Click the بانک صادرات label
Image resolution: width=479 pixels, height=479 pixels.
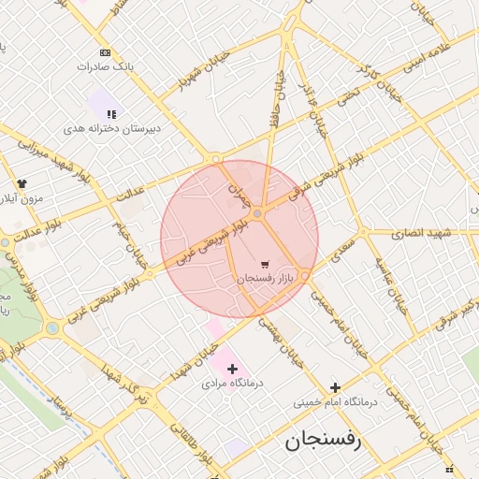(x=106, y=67)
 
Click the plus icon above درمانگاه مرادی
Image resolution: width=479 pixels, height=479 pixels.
(x=232, y=370)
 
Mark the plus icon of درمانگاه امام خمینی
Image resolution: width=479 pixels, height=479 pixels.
(x=335, y=387)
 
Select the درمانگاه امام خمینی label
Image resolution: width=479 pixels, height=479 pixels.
(x=334, y=402)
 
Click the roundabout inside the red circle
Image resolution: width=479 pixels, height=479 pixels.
(x=258, y=214)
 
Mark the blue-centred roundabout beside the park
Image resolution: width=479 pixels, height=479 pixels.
(x=52, y=327)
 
